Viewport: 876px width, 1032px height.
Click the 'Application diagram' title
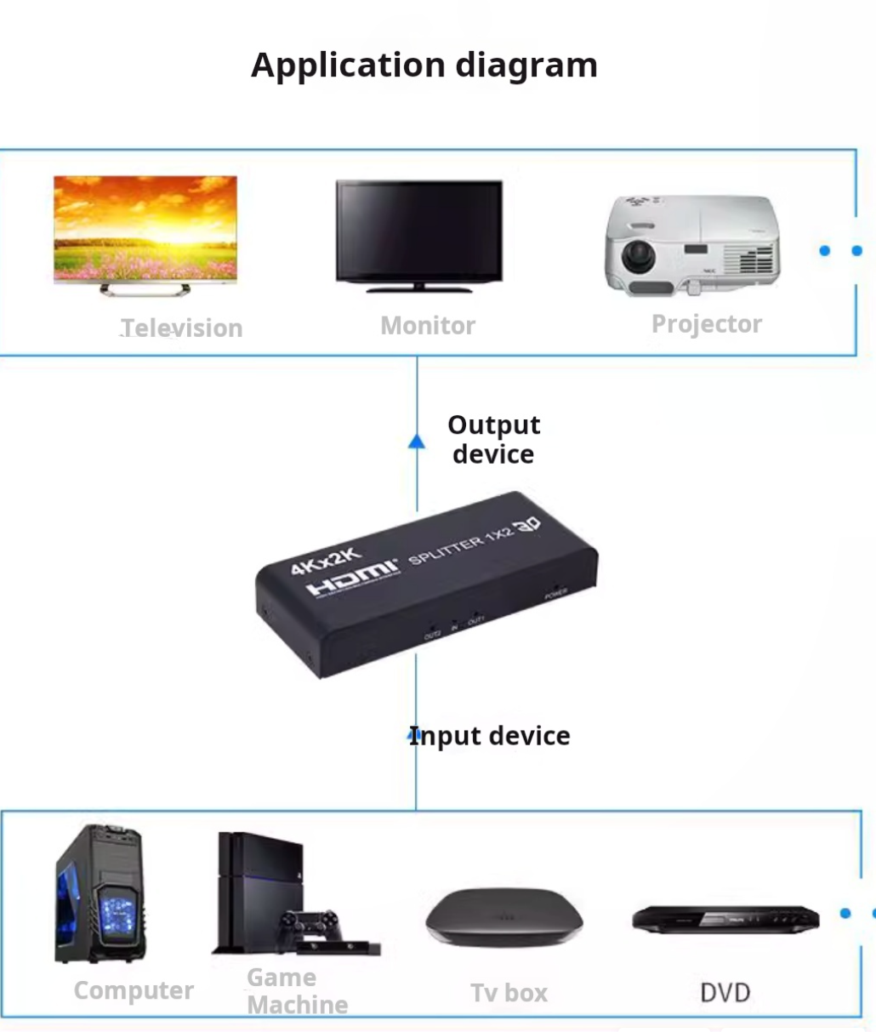[x=424, y=66]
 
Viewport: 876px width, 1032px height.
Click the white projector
[x=691, y=244]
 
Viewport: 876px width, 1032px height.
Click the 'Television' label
[x=181, y=328]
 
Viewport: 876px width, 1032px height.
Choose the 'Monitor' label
[x=428, y=325]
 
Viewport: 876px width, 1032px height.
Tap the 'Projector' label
[x=706, y=324]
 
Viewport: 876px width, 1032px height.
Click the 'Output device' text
[x=494, y=439]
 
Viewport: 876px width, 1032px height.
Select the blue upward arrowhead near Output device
[x=416, y=442]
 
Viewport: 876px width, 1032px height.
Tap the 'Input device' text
[x=490, y=736]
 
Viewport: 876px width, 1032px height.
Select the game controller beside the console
[x=310, y=922]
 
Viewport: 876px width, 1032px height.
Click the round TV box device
[x=504, y=917]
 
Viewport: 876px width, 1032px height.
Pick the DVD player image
[x=725, y=920]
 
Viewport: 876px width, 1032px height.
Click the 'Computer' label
[x=134, y=990]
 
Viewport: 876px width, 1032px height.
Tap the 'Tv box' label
[x=509, y=993]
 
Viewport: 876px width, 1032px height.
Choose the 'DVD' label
[x=725, y=993]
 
